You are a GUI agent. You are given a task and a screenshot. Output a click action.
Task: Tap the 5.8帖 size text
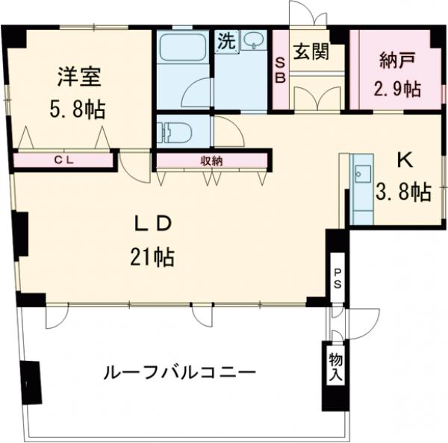[x=77, y=110]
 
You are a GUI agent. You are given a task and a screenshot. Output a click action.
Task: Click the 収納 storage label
[x=211, y=159]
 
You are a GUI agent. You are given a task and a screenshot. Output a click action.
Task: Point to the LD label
[x=154, y=224]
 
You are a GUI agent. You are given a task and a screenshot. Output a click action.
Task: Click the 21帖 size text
[x=153, y=258]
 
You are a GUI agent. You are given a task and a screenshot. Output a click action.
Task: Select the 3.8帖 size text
[x=404, y=192]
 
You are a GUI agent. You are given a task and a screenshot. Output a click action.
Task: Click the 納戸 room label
[x=395, y=59]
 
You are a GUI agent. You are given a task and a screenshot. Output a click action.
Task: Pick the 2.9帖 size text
[x=396, y=89]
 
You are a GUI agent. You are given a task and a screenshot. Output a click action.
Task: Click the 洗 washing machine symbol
[x=226, y=41]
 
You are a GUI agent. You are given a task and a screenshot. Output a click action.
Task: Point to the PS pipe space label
[x=337, y=277]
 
